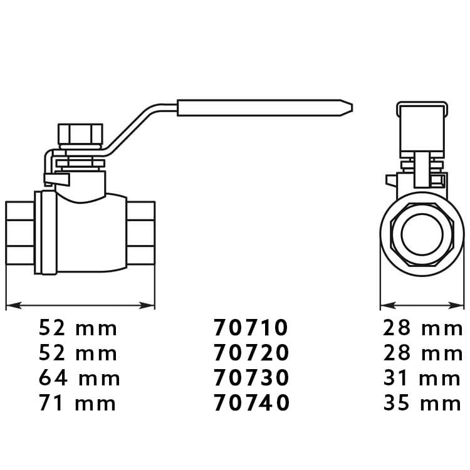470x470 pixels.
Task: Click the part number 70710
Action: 251,327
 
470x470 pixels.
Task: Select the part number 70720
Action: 251,352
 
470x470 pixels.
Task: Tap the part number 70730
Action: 251,378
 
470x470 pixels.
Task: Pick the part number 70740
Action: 251,403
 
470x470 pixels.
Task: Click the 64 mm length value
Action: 80,378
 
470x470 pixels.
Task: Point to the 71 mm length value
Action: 77,403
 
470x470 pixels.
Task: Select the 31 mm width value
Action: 422,378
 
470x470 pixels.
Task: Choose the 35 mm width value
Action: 422,403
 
